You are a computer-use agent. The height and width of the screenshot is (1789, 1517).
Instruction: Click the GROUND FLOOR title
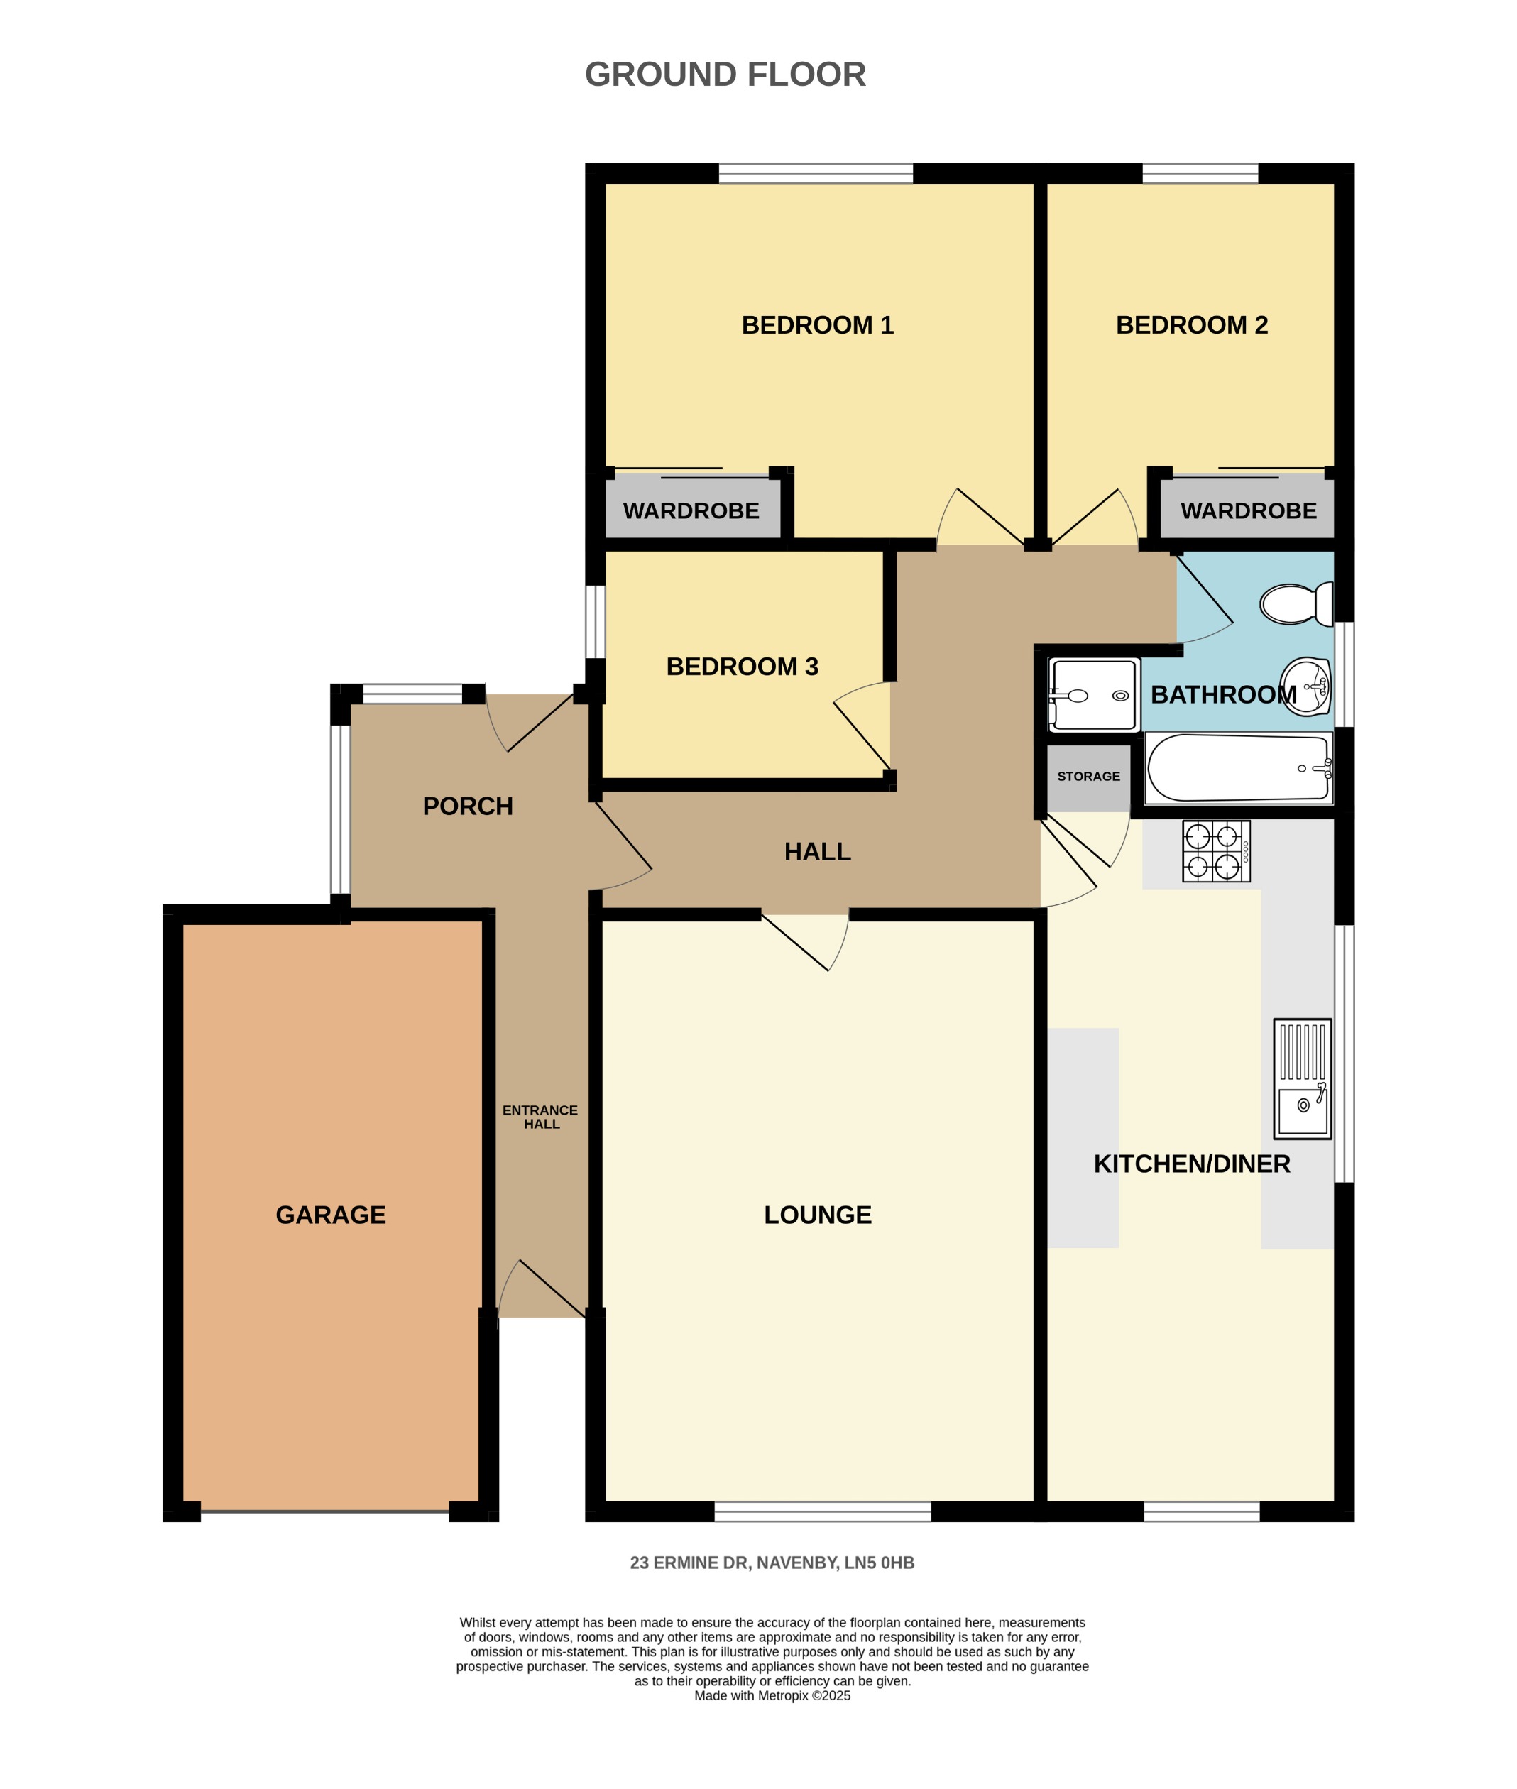pyautogui.click(x=725, y=75)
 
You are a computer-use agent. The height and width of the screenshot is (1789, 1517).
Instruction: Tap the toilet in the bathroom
pyautogui.click(x=1294, y=603)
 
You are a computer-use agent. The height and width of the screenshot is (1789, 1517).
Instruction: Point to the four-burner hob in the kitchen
pyautogui.click(x=1215, y=851)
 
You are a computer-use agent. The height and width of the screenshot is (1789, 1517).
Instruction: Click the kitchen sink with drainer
pyautogui.click(x=1302, y=1079)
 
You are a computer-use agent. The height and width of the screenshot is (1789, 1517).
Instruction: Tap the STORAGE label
pyautogui.click(x=1088, y=777)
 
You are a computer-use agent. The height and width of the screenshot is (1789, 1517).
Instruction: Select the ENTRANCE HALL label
pyautogui.click(x=541, y=1117)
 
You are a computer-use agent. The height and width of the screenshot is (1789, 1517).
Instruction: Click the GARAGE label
pyautogui.click(x=330, y=1215)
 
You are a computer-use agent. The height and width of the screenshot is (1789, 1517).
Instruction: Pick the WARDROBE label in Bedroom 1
pyautogui.click(x=691, y=511)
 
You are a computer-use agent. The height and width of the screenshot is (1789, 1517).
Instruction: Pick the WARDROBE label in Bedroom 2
pyautogui.click(x=1248, y=511)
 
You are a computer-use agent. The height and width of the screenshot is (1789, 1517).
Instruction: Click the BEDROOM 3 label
pyautogui.click(x=742, y=667)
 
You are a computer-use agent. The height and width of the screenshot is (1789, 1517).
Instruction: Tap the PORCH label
pyautogui.click(x=468, y=806)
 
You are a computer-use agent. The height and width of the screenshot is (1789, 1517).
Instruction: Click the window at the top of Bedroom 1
pyautogui.click(x=815, y=174)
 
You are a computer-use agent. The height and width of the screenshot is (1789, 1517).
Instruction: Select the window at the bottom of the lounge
pyautogui.click(x=822, y=1511)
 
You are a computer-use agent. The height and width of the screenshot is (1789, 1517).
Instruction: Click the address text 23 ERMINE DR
pyautogui.click(x=772, y=1563)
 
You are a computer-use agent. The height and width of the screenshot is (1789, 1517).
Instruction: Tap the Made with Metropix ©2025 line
pyautogui.click(x=772, y=1695)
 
